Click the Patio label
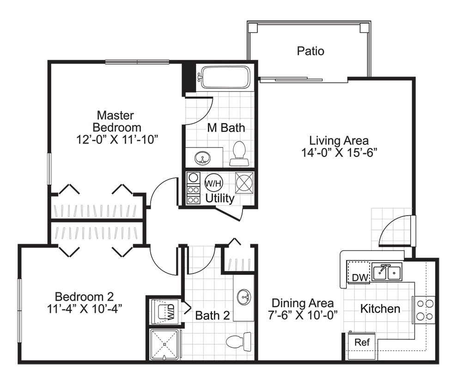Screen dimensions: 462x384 [x=310, y=51]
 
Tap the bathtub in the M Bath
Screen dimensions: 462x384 [x=225, y=77]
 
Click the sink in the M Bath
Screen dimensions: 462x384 [x=202, y=158]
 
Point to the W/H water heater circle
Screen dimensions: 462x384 [x=213, y=183]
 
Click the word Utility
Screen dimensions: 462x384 [x=220, y=198]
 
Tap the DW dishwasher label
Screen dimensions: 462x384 [x=360, y=278]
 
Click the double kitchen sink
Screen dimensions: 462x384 [x=387, y=272]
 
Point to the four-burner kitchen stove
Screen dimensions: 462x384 [x=425, y=310]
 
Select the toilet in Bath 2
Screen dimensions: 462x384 [x=239, y=341]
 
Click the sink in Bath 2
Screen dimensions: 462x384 [x=244, y=296]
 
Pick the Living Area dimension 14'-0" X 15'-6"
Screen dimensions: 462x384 [x=339, y=153]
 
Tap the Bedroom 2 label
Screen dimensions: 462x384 [x=84, y=297]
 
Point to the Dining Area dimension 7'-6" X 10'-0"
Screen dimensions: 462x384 [x=303, y=315]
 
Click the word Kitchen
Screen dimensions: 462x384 [x=380, y=309]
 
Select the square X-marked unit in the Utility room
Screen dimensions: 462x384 [x=244, y=183]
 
